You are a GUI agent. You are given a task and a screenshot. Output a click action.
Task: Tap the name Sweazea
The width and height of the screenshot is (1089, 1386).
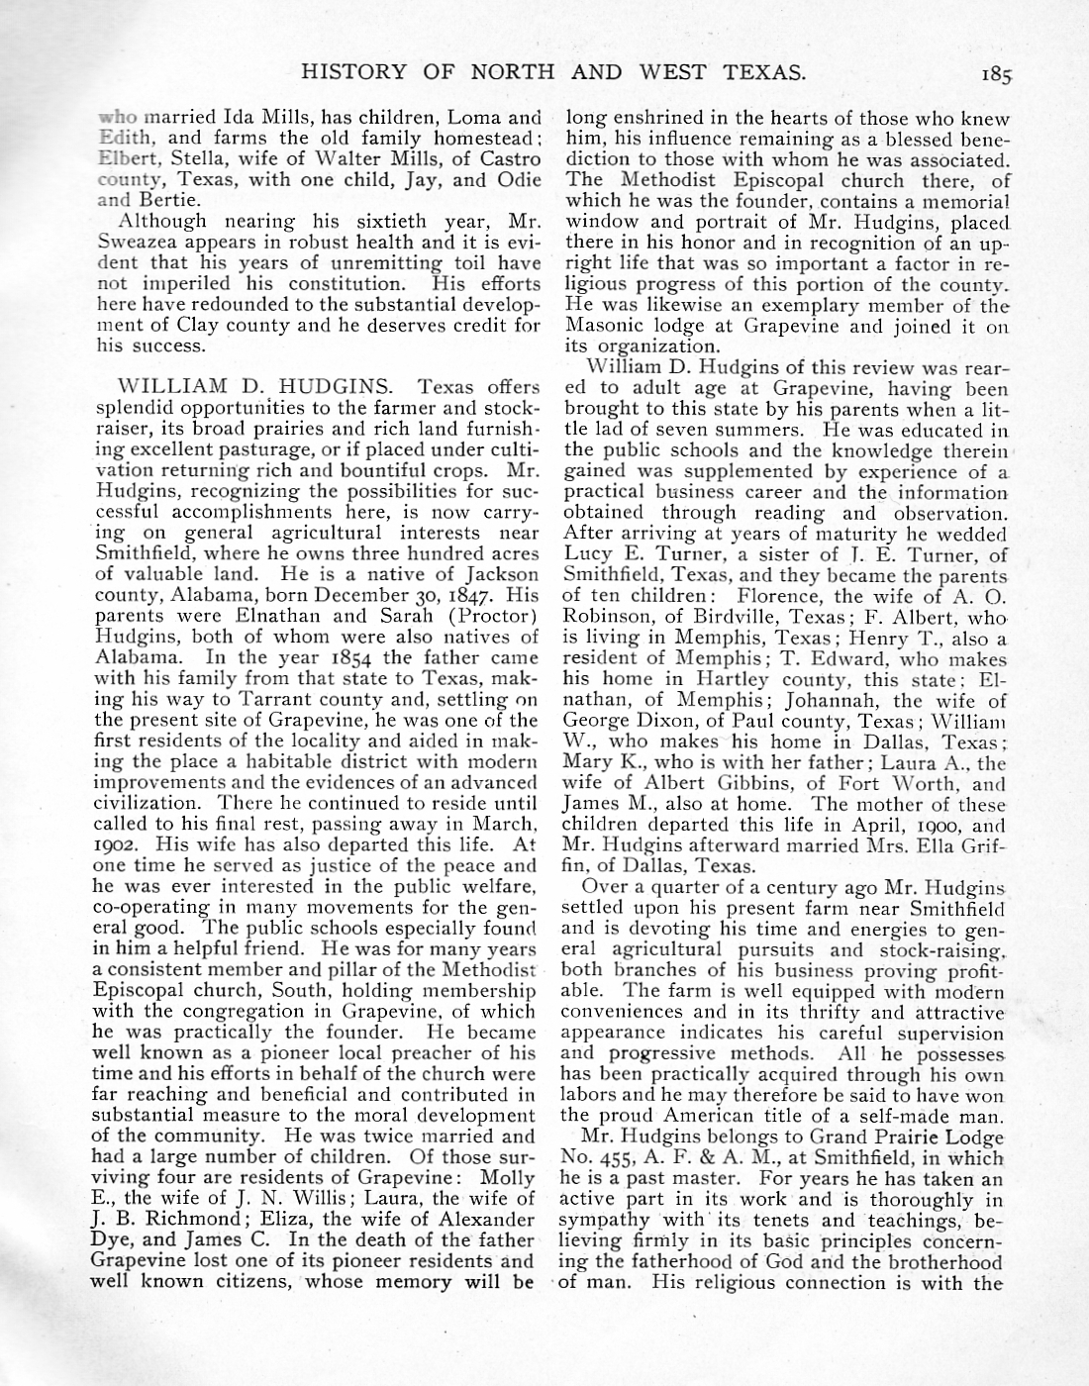click(x=138, y=243)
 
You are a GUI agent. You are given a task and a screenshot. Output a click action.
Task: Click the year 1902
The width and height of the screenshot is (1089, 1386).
click(x=115, y=844)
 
